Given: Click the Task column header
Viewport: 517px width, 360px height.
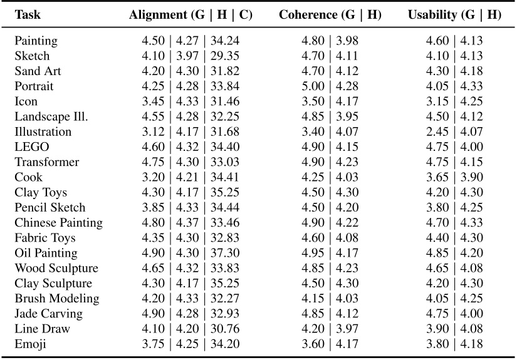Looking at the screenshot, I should tap(28, 15).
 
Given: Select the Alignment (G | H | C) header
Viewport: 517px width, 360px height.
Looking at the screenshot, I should tap(191, 15).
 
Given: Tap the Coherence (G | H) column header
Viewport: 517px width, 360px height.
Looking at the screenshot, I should tap(331, 15).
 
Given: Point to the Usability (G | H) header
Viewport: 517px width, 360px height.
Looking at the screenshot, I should tap(455, 15).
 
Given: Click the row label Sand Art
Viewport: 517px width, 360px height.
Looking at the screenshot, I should tap(38, 71).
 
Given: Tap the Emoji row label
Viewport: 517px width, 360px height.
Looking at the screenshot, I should tap(31, 344).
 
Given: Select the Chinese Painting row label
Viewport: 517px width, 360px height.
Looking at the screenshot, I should tap(59, 223).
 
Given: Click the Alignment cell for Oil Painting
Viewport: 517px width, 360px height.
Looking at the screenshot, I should tap(191, 253).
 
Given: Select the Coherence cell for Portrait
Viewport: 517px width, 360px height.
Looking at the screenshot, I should tap(331, 86).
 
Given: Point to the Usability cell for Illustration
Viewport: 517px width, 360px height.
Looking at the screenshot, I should tap(455, 132).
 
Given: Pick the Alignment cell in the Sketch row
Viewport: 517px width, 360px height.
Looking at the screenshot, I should tap(191, 56).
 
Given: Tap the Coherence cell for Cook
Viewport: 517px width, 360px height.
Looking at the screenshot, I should tap(331, 177).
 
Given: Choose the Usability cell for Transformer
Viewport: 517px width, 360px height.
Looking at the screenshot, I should tap(455, 162).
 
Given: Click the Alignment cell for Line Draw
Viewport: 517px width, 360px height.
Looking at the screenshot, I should tap(191, 329).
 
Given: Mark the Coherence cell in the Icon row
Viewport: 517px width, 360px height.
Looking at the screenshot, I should tap(331, 101).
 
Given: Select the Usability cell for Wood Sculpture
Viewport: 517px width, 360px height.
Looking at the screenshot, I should tap(455, 268).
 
